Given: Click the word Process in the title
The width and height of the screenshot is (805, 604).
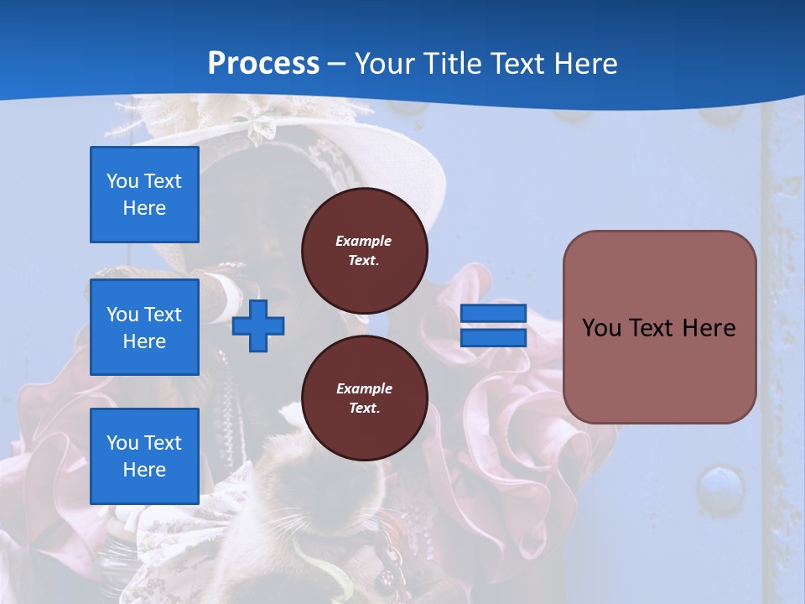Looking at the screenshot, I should point(263,64).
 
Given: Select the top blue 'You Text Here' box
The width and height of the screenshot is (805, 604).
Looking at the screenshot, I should point(144,195).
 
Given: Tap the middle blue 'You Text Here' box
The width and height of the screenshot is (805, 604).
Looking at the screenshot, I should point(144,327).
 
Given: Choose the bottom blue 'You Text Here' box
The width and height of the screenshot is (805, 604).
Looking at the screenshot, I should point(144,456).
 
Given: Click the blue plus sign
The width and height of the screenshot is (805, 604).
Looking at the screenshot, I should point(258,325).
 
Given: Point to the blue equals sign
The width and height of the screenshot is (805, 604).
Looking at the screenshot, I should point(493,325).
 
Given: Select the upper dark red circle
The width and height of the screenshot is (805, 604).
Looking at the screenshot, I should point(364,251).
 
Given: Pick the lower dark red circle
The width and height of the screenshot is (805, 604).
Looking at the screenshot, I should point(364,398).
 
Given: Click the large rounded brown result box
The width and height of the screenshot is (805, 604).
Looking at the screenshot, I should point(659,327).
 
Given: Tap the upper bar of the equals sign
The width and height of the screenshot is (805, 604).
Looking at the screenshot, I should point(493,314).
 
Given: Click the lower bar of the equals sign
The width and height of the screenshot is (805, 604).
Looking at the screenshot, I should point(493,337).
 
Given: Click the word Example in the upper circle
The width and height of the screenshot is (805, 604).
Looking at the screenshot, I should point(364,241).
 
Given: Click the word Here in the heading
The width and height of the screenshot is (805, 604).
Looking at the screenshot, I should point(584,64).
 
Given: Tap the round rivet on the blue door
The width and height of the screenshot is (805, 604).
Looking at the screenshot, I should point(720,487).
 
